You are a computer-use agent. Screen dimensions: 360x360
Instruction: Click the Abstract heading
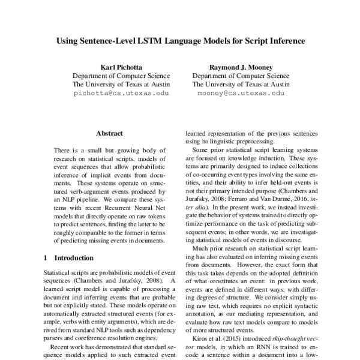click(x=109, y=133)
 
